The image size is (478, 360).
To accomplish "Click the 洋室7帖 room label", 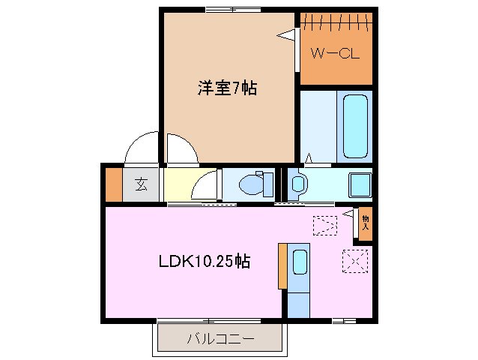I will pyautogui.click(x=227, y=88).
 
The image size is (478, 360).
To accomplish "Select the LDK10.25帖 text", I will pyautogui.click(x=204, y=262).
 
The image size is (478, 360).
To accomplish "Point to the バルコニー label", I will pyautogui.click(x=220, y=339).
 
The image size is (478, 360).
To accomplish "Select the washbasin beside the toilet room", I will pyautogui.click(x=297, y=183).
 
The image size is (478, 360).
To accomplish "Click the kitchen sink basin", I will pyautogui.click(x=300, y=262).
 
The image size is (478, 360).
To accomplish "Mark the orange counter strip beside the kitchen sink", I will pyautogui.click(x=282, y=265).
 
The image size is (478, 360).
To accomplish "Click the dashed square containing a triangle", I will pyautogui.click(x=325, y=223).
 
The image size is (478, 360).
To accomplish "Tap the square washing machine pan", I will pyautogui.click(x=359, y=183).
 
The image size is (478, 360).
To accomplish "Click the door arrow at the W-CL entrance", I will pyautogui.click(x=285, y=34).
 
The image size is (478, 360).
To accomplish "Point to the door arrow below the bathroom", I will pyautogui.click(x=309, y=157).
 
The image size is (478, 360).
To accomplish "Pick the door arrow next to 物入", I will pyautogui.click(x=348, y=214).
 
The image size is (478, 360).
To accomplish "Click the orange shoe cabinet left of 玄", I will pyautogui.click(x=113, y=185).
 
